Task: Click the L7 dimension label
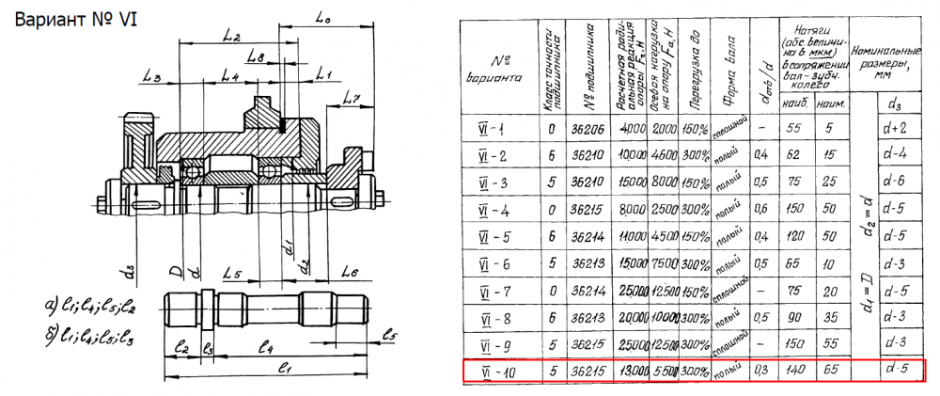coord(352,98)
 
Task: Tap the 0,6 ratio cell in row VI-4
coord(766,209)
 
